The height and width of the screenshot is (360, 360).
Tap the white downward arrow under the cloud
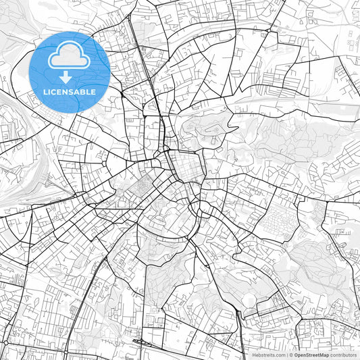click(x=70, y=76)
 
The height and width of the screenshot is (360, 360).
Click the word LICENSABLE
click(x=70, y=91)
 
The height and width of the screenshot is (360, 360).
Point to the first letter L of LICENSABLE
click(x=45, y=91)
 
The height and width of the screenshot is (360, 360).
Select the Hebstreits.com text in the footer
click(x=269, y=355)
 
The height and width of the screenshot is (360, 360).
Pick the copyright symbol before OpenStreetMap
click(x=291, y=355)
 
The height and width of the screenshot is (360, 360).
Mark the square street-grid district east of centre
click(x=186, y=166)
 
